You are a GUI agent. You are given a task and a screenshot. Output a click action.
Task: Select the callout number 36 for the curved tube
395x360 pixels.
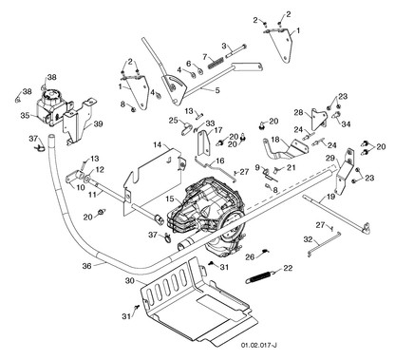click(x=86, y=266)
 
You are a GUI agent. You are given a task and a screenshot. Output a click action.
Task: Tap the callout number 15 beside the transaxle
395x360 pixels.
click(x=169, y=199)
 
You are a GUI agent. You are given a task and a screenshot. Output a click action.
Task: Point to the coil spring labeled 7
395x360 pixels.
click(x=216, y=62)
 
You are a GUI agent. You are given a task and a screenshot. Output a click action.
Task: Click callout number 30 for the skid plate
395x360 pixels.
click(x=130, y=281)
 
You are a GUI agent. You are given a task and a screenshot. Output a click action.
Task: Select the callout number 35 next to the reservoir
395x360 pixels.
click(x=26, y=115)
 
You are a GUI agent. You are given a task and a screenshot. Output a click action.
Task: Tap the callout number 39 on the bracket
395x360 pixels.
click(x=98, y=123)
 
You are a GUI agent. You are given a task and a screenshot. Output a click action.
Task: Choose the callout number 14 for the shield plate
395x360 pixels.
click(x=158, y=145)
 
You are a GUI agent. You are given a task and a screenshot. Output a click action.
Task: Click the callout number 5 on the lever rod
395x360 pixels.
click(x=216, y=90)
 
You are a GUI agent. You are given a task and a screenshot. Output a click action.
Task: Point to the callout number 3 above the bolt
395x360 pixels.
click(x=224, y=46)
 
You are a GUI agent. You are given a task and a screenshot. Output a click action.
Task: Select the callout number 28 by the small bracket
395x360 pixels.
click(x=298, y=112)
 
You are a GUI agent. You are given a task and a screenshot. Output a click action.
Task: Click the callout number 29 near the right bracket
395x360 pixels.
click(x=330, y=158)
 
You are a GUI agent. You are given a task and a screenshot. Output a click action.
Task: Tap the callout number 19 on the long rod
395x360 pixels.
click(x=330, y=197)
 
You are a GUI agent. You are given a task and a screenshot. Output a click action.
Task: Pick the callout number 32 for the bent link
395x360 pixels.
click(x=308, y=239)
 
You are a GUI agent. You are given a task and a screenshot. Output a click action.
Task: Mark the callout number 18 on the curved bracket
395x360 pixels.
click(x=275, y=140)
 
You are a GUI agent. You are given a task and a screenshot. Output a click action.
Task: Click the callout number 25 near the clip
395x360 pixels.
click(x=174, y=120)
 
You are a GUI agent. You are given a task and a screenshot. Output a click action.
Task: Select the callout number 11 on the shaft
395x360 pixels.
click(x=92, y=195)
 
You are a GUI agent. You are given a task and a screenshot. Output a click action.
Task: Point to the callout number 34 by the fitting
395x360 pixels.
click(x=346, y=123)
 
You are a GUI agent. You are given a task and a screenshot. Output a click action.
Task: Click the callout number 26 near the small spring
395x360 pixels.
click(x=250, y=256)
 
